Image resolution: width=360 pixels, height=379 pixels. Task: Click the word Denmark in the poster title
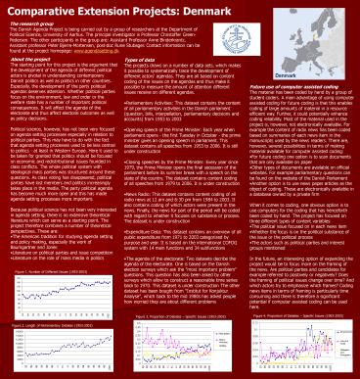click(x=257, y=9)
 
